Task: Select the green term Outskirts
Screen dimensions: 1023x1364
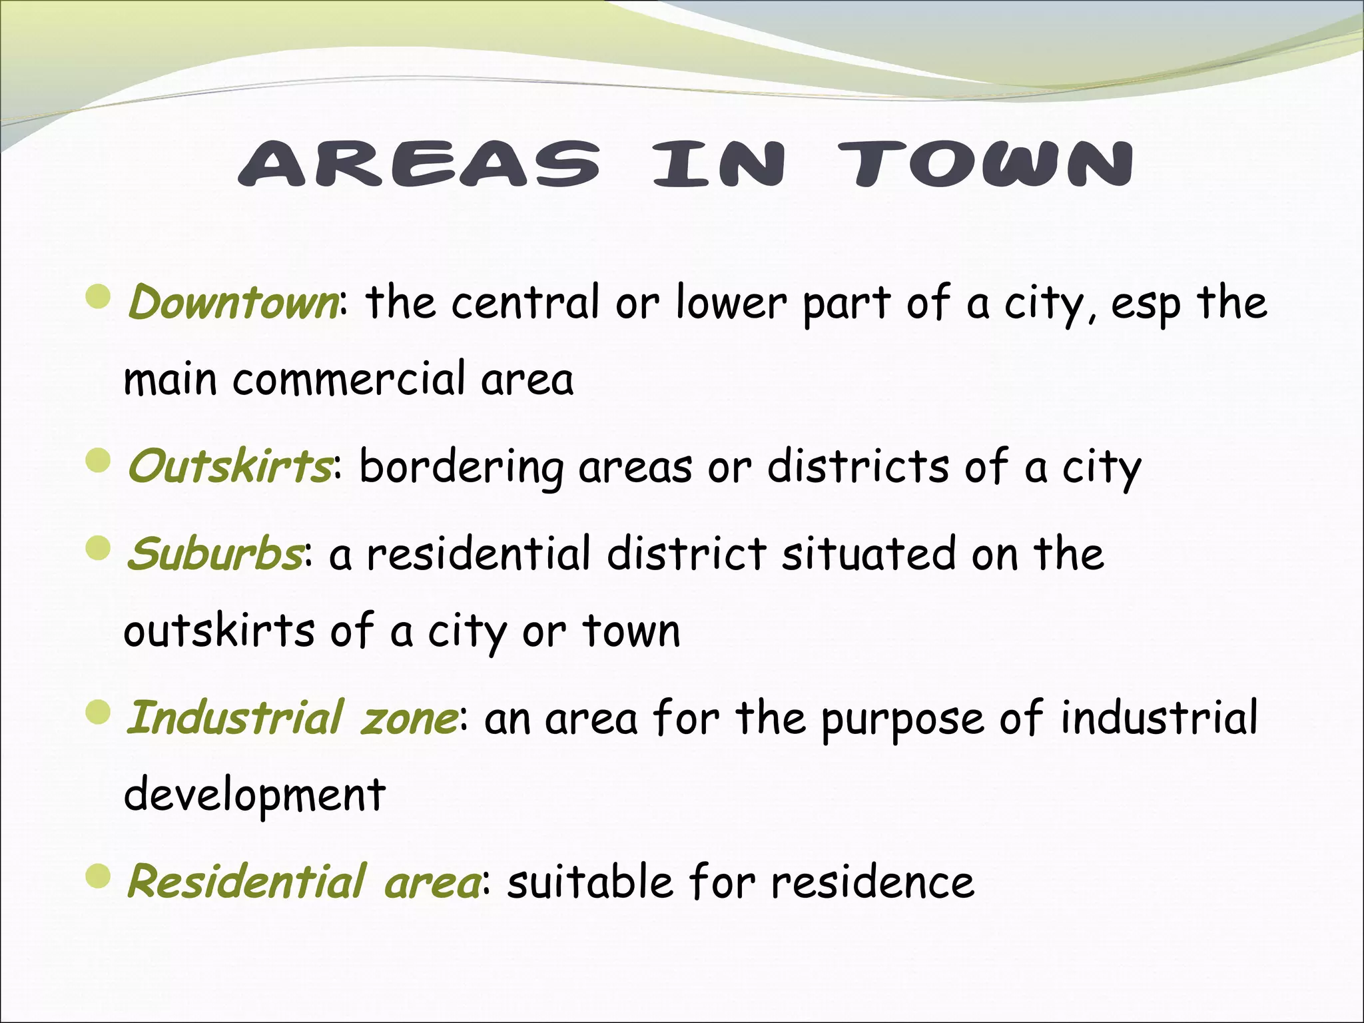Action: click(229, 466)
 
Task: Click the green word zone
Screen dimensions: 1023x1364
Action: click(408, 718)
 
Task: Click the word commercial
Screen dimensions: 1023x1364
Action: click(350, 379)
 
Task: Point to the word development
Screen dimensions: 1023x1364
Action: click(254, 795)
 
